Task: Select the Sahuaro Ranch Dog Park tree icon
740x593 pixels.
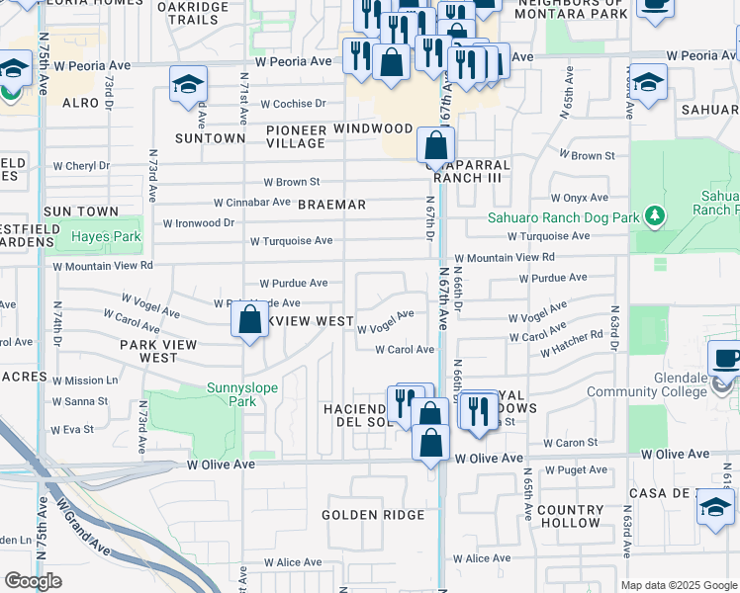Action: (652, 214)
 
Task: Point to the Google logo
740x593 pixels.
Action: (33, 581)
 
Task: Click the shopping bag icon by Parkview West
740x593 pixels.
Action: (250, 320)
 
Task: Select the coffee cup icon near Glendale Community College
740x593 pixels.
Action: (727, 359)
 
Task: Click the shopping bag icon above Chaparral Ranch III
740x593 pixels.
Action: (435, 145)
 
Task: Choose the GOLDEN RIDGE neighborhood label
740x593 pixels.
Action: (372, 515)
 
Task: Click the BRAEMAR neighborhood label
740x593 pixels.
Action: (332, 205)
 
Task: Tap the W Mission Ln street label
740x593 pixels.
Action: (86, 381)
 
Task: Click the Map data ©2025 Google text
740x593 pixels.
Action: (679, 585)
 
